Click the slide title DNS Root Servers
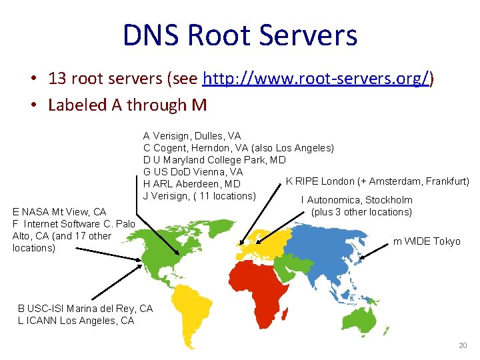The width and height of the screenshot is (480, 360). (240, 35)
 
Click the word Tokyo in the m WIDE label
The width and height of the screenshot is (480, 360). (447, 241)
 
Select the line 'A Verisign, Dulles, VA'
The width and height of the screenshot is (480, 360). (192, 136)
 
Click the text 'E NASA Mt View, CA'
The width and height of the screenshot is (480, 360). (59, 212)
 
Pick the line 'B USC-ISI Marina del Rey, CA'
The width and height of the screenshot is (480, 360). (85, 308)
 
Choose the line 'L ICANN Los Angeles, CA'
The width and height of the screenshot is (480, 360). (76, 320)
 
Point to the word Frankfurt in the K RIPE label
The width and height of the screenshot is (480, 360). (446, 181)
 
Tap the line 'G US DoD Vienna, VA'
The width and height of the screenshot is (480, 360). (193, 172)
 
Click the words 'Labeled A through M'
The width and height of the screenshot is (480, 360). (127, 105)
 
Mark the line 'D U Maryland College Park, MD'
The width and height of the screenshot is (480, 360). (214, 160)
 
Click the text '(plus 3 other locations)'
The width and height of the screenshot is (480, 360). (361, 212)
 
